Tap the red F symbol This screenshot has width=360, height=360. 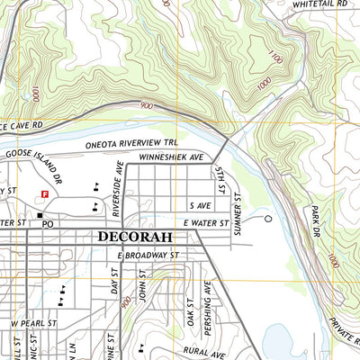pos(42,193)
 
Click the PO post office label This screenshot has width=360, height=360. pos(49,222)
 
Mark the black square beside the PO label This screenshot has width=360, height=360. pos(40,215)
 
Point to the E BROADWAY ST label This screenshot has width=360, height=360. pos(149,256)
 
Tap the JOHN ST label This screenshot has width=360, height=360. pos(141,293)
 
